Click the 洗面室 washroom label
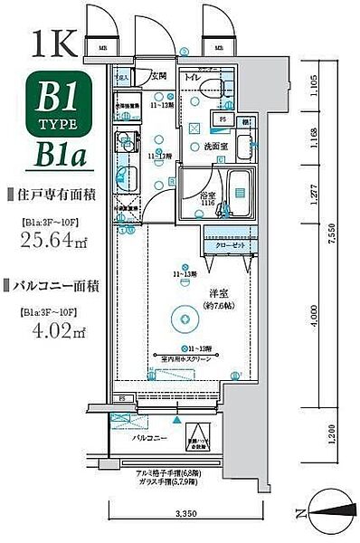tap(206, 145)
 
